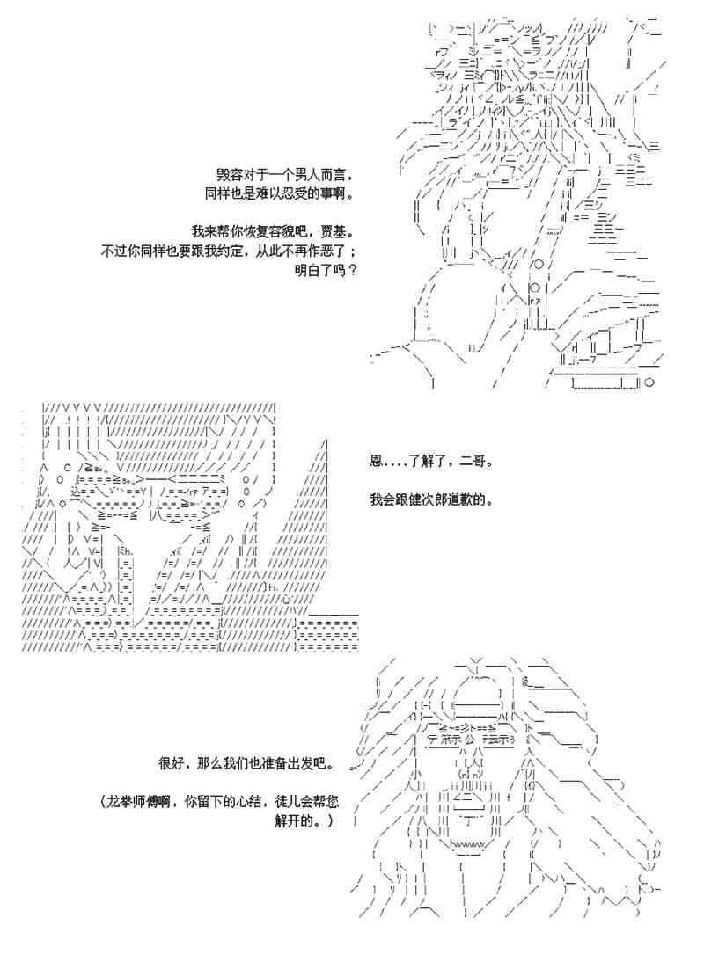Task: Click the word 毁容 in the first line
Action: pos(229,173)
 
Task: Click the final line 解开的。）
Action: pos(304,822)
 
